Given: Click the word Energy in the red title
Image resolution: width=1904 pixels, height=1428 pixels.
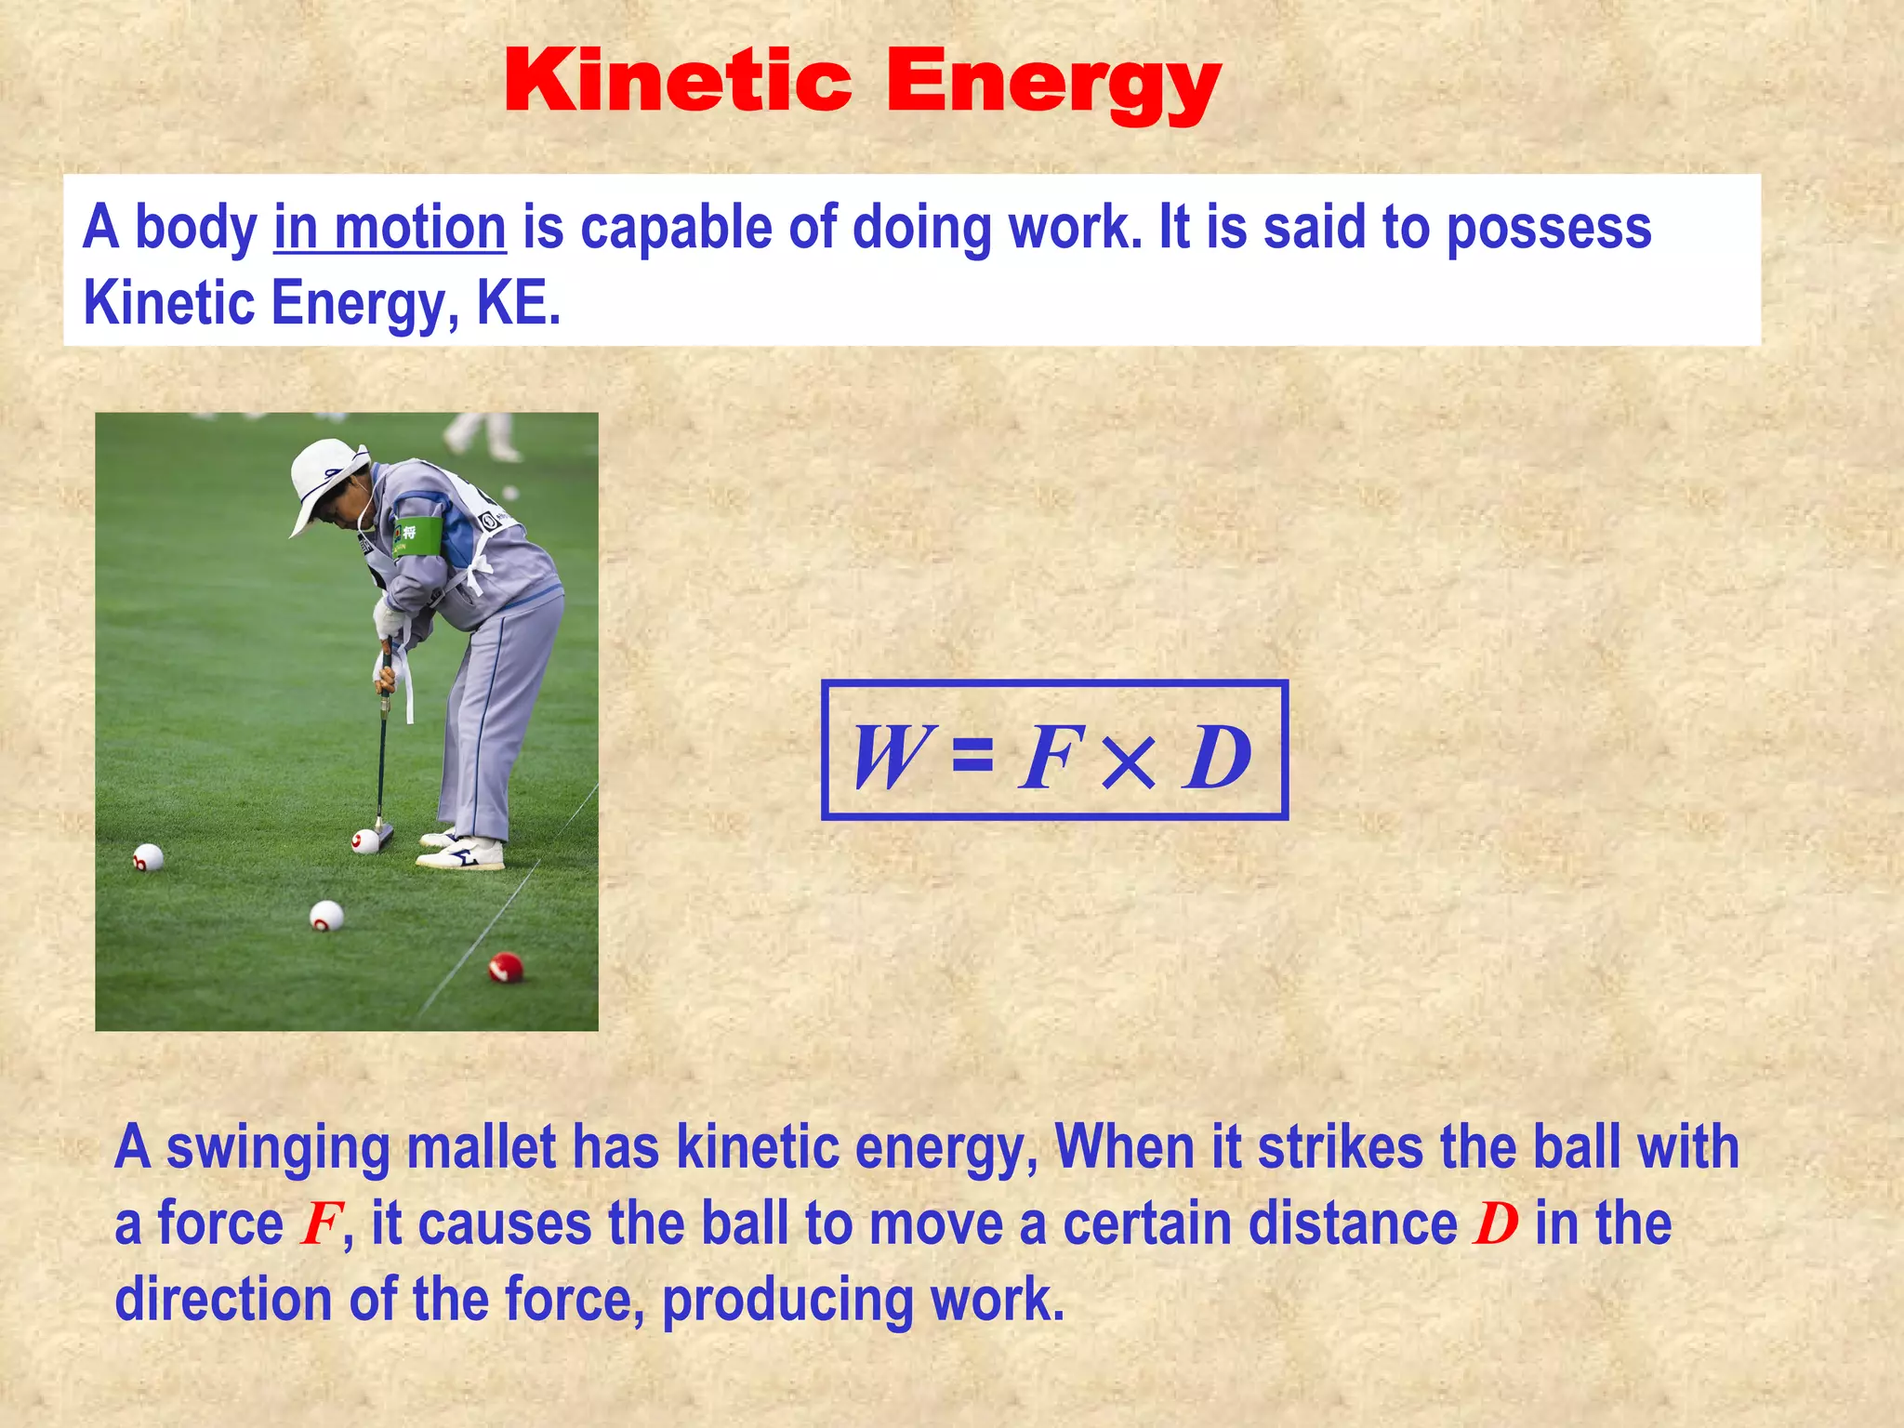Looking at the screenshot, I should [x=1052, y=86].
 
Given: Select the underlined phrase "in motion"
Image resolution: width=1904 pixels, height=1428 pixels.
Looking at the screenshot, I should [x=390, y=229].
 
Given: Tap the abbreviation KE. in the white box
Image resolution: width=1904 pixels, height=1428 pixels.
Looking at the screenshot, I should [x=519, y=304].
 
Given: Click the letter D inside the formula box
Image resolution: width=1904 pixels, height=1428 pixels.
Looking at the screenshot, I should [x=1217, y=757].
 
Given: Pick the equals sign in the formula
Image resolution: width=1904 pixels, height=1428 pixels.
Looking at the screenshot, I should [x=972, y=755].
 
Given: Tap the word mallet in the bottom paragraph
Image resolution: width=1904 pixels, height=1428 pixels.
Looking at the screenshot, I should [x=482, y=1148].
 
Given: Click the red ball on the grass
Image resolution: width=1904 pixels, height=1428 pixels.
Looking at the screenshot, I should [x=506, y=967].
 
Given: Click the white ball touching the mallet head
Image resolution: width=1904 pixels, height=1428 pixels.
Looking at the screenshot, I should [x=365, y=841].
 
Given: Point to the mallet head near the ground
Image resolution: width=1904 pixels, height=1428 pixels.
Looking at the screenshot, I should [x=383, y=835].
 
